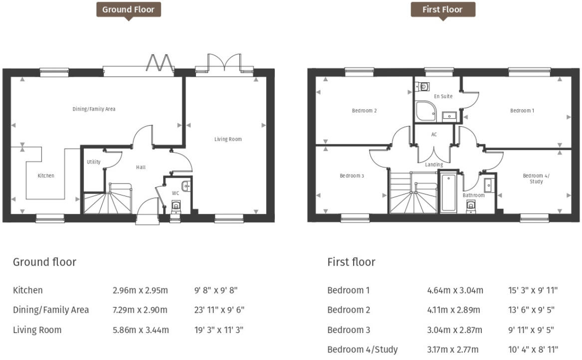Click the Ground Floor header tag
[128, 9]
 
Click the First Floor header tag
[442, 9]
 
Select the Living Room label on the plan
[228, 139]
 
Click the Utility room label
[93, 162]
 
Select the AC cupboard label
[434, 135]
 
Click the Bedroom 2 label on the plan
[364, 111]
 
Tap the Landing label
[434, 165]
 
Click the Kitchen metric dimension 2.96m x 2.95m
[140, 290]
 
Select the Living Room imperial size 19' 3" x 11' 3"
[219, 330]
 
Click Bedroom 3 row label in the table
[349, 330]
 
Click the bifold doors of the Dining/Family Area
[160, 64]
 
